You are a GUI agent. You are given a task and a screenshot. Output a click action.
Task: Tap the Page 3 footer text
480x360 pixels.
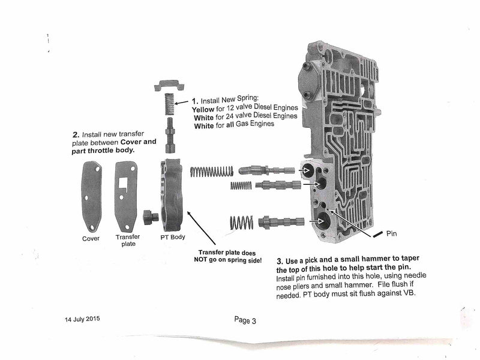[x=245, y=320]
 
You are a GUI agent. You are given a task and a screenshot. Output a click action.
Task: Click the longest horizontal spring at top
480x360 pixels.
[x=211, y=172]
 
